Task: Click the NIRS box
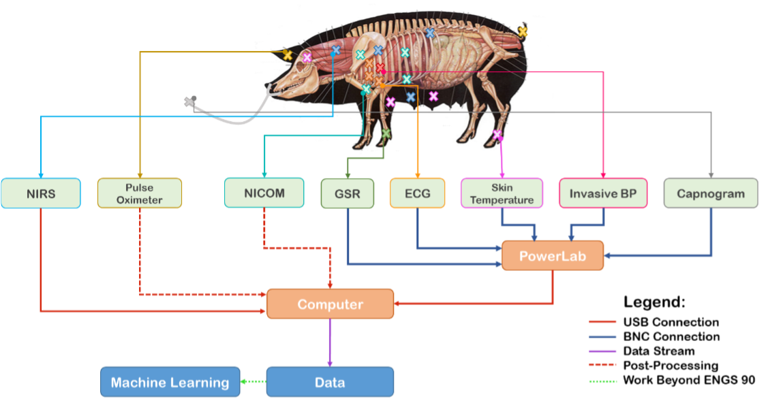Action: [41, 193]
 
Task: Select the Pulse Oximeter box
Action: [140, 193]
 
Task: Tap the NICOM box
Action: [264, 193]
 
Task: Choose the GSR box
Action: [348, 193]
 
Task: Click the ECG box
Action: [417, 193]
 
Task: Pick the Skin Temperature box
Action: [502, 193]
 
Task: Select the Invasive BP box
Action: [603, 193]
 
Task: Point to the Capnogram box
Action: [711, 193]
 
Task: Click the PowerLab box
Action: [553, 255]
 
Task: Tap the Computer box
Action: [330, 304]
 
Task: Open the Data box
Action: [330, 382]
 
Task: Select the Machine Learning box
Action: [170, 382]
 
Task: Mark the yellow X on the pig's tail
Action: [523, 31]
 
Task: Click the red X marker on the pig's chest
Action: [380, 67]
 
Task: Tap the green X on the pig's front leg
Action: [386, 133]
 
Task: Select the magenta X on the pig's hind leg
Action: [497, 134]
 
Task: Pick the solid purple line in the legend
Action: [602, 351]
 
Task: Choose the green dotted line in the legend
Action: [602, 381]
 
